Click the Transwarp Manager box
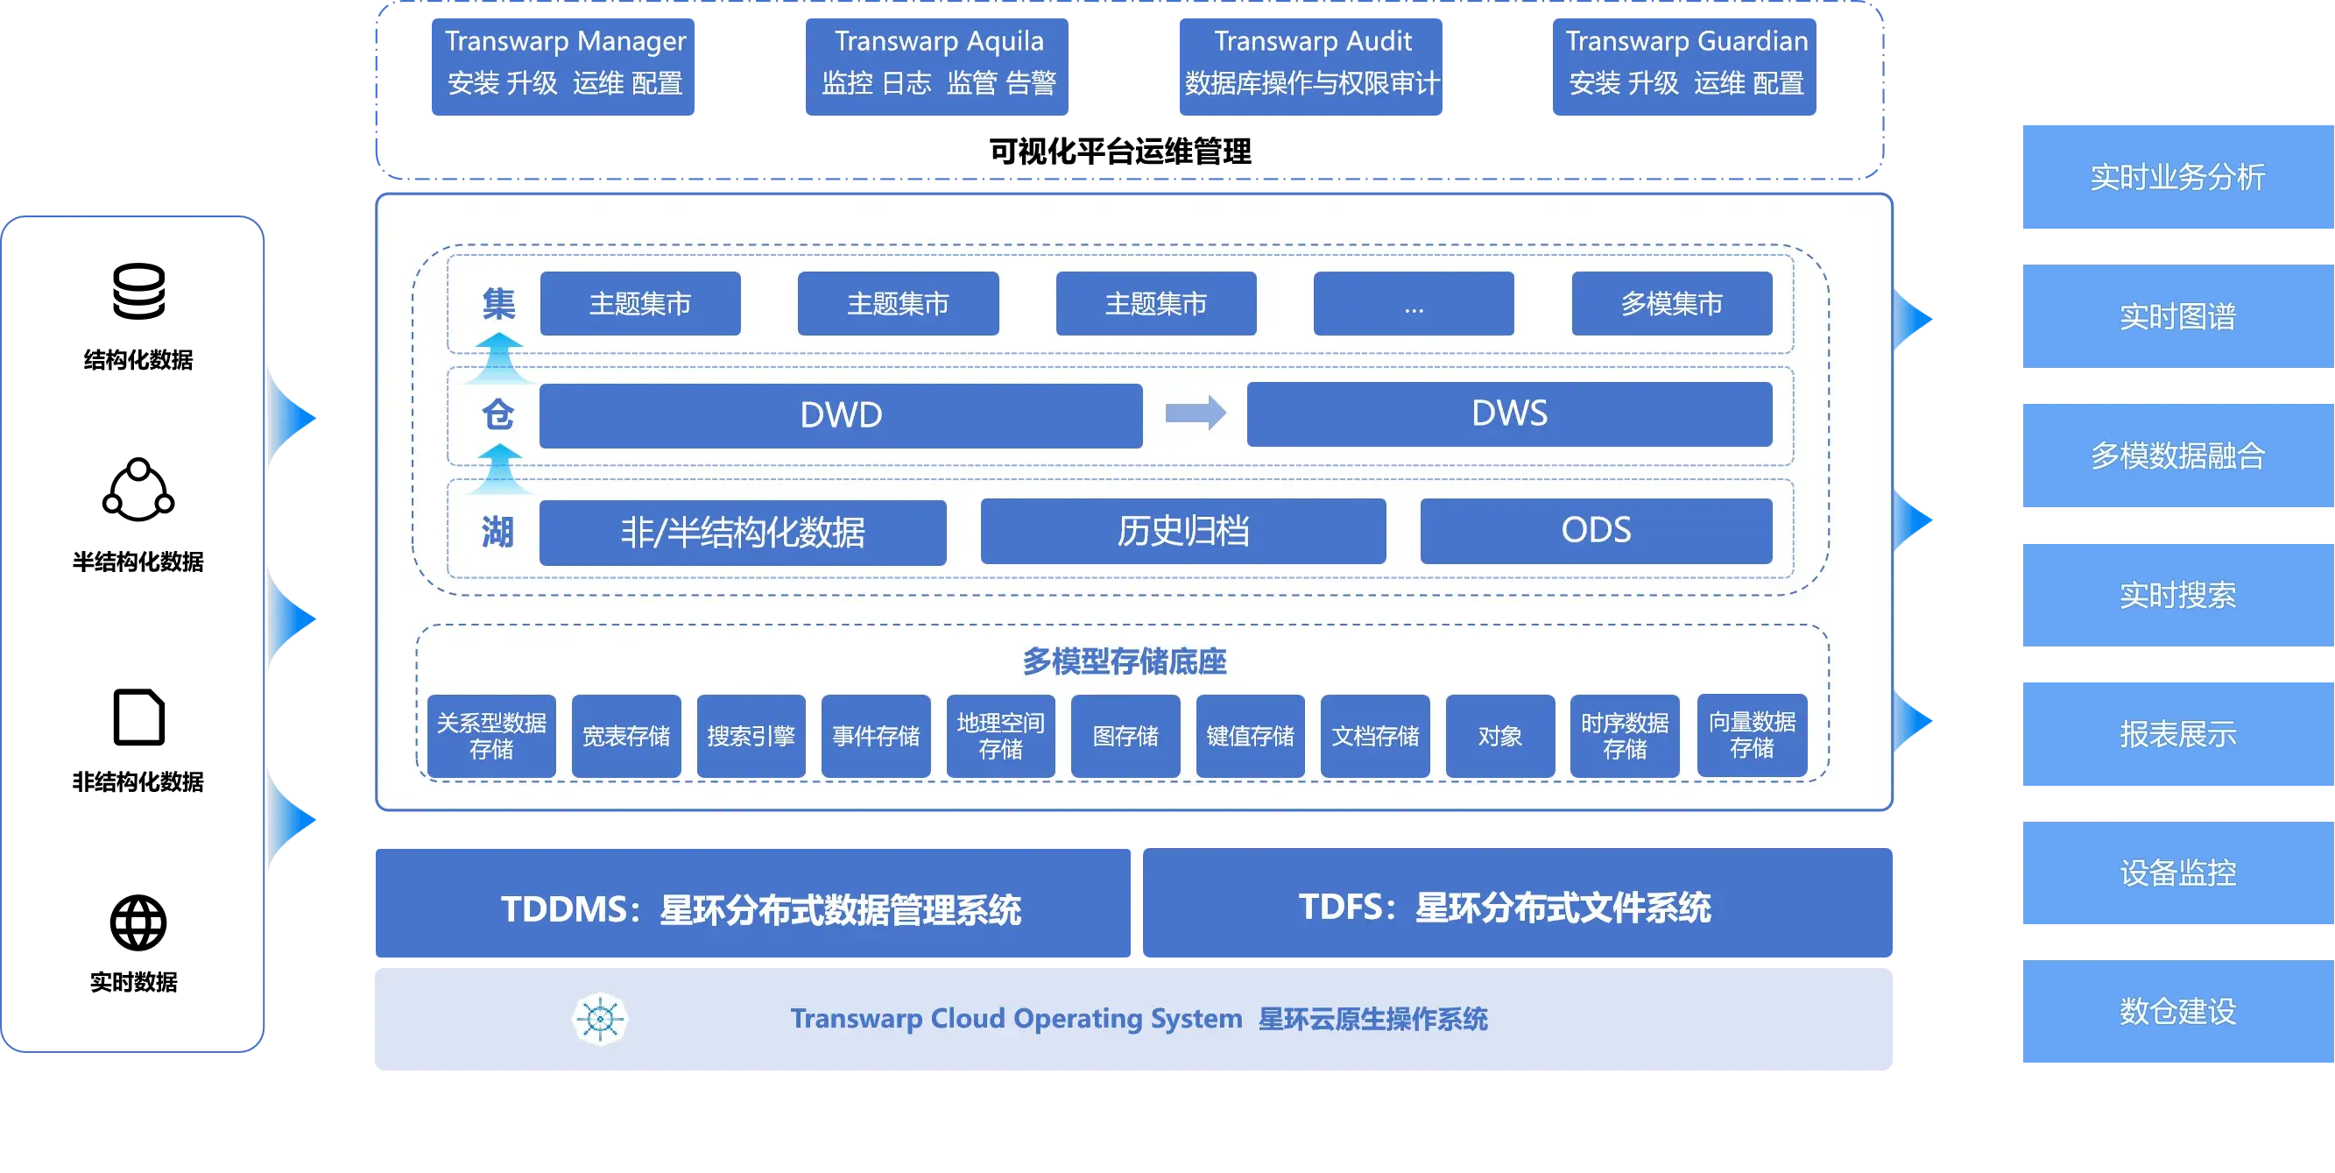563,66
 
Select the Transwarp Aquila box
938,66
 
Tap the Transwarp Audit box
1309,66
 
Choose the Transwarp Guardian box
1684,66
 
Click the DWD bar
840,415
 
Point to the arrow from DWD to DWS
1195,413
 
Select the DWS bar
1509,413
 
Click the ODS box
1595,530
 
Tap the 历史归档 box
1183,531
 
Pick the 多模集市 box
1671,304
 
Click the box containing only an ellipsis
1413,304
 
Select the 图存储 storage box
1125,736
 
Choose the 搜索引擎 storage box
751,736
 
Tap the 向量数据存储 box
1752,735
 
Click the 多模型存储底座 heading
1124,661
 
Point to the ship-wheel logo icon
600,1019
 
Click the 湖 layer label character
497,532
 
